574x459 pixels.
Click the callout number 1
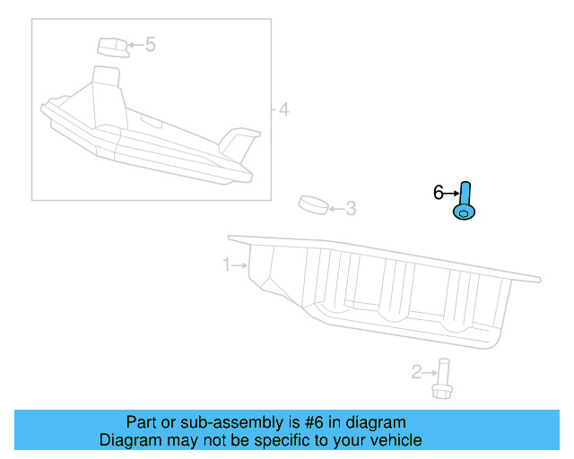pyautogui.click(x=228, y=264)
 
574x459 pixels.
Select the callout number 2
pyautogui.click(x=417, y=371)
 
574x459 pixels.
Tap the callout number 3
pyautogui.click(x=351, y=209)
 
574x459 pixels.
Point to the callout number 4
pyautogui.click(x=283, y=110)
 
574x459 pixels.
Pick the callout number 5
pyautogui.click(x=150, y=43)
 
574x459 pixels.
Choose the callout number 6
pyautogui.click(x=439, y=192)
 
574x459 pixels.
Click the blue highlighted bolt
pyautogui.click(x=465, y=202)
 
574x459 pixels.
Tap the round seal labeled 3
pyautogui.click(x=312, y=205)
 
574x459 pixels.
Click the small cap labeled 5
pyautogui.click(x=111, y=46)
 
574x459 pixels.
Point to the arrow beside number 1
pyautogui.click(x=241, y=264)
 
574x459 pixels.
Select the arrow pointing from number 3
pyautogui.click(x=335, y=209)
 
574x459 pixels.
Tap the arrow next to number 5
pyautogui.click(x=134, y=43)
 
